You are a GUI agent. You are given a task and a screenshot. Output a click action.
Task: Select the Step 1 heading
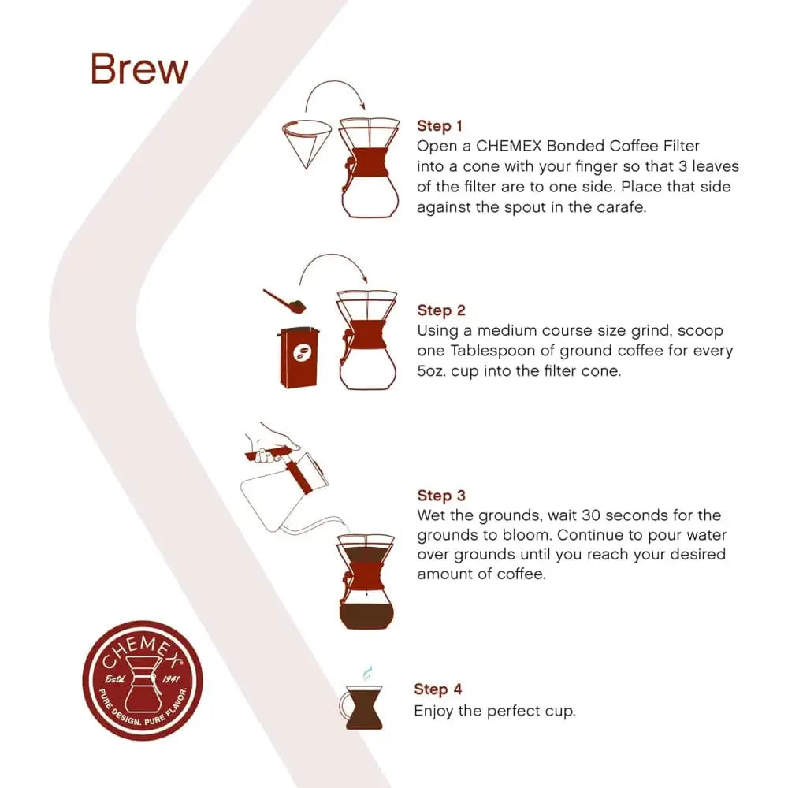pos(440,126)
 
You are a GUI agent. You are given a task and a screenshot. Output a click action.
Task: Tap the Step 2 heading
pos(441,310)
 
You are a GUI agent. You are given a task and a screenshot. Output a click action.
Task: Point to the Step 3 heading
pos(441,496)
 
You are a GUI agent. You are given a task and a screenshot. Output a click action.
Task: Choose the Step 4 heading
pos(438,689)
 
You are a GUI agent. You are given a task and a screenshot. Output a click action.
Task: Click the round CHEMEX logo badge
pos(143,679)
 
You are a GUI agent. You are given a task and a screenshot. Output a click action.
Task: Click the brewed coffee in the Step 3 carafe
pos(365,614)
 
